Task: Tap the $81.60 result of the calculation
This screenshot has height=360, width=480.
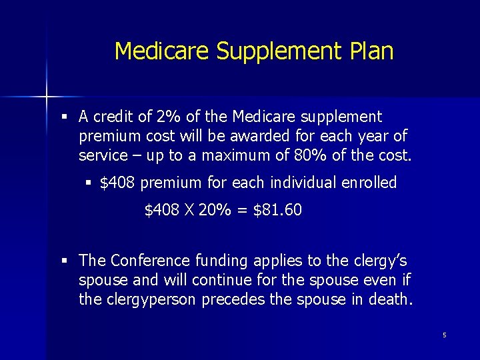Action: click(x=277, y=211)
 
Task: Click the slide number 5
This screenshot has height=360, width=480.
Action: click(x=444, y=335)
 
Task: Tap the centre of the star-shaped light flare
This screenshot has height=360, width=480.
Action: click(x=47, y=97)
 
